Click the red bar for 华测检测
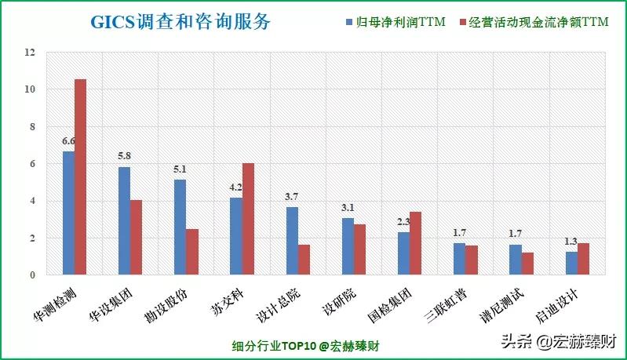[x=80, y=177]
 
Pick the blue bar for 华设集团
[x=124, y=221]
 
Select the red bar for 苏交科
[x=248, y=219]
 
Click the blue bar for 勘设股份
[x=180, y=227]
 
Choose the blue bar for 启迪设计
[x=571, y=263]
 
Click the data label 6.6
[x=68, y=141]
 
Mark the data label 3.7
[x=292, y=196]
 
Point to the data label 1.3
[x=571, y=241]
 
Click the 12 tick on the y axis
[x=31, y=53]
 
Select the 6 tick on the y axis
[x=32, y=164]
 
